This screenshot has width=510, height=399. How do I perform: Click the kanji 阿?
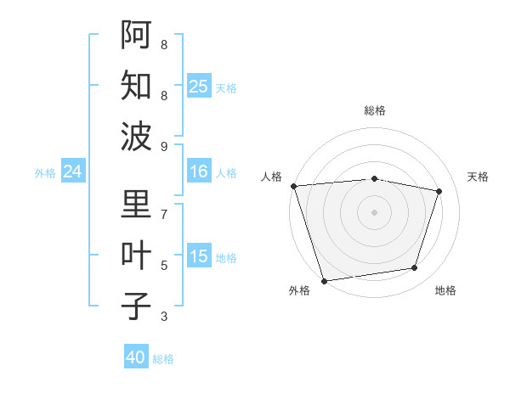(136, 36)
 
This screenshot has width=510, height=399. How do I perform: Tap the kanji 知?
(136, 85)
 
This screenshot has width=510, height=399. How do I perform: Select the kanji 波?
(136, 136)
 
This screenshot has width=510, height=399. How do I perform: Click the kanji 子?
(136, 306)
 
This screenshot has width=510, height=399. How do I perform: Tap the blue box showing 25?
(198, 86)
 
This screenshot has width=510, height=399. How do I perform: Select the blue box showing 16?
(198, 171)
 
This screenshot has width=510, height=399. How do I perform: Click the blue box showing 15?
(198, 256)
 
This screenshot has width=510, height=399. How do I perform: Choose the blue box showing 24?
(72, 171)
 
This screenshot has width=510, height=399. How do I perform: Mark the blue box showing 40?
(136, 357)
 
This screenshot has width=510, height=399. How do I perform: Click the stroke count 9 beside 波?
(164, 147)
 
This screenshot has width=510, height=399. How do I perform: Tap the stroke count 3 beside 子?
(164, 317)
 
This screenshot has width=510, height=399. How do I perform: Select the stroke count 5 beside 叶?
(164, 266)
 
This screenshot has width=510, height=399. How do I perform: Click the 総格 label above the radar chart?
(375, 110)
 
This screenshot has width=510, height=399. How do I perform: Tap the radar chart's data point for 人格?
(293, 186)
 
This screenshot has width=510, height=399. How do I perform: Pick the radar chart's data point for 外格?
(325, 280)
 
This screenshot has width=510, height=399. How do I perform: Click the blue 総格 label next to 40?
(163, 359)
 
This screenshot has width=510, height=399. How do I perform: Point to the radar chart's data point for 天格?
(439, 191)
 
